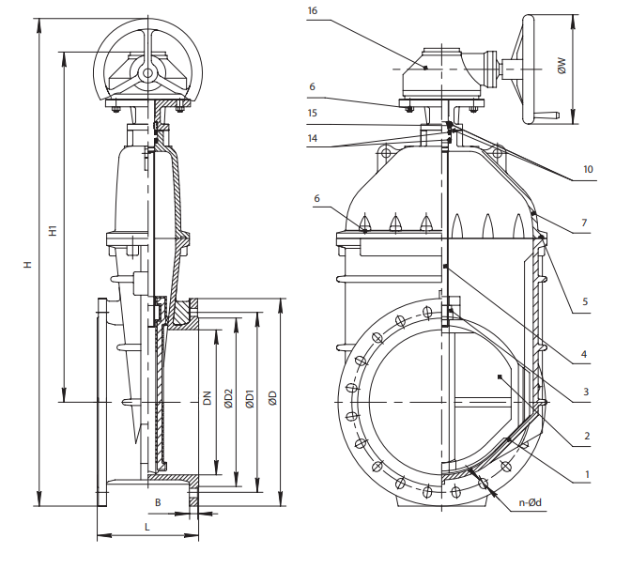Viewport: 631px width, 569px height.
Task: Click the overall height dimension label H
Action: [x=28, y=267]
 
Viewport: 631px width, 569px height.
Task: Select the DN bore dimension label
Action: [x=206, y=398]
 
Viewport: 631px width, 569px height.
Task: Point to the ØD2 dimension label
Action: [x=227, y=398]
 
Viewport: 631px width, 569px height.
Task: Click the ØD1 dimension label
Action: [x=249, y=398]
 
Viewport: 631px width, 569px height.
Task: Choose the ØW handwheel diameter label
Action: [x=562, y=67]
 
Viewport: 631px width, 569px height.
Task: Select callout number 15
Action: [x=312, y=113]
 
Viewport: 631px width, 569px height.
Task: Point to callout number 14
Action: [x=312, y=138]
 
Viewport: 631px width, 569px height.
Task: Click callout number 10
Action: [x=588, y=170]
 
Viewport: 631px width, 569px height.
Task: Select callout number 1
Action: [x=587, y=474]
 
